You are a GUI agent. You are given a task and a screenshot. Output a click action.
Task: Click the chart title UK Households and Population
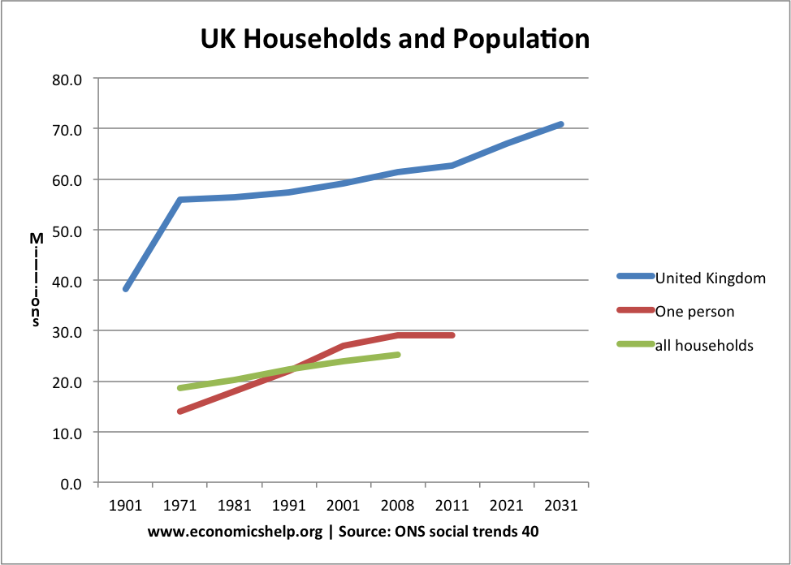pos(395,38)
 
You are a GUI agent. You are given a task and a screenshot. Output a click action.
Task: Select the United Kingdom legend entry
pos(710,278)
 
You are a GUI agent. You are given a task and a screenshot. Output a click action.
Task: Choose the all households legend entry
pos(704,346)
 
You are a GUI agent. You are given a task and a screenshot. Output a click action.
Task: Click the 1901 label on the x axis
pos(125,505)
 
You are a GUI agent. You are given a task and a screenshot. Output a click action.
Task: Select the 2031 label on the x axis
pos(561,505)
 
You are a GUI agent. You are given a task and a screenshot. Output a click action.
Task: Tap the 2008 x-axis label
pos(398,505)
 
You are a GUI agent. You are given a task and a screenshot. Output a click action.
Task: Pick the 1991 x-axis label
pos(289,505)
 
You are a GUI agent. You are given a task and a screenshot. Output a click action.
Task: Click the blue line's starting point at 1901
pos(126,289)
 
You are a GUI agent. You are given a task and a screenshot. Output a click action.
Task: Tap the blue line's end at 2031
pos(561,124)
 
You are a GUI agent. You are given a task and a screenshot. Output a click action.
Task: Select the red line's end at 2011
pos(452,335)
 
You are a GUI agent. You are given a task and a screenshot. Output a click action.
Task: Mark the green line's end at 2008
pos(398,355)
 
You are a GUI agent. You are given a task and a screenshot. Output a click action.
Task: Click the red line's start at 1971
pos(179,412)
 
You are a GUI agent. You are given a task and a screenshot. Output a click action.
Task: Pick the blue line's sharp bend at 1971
pos(179,200)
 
